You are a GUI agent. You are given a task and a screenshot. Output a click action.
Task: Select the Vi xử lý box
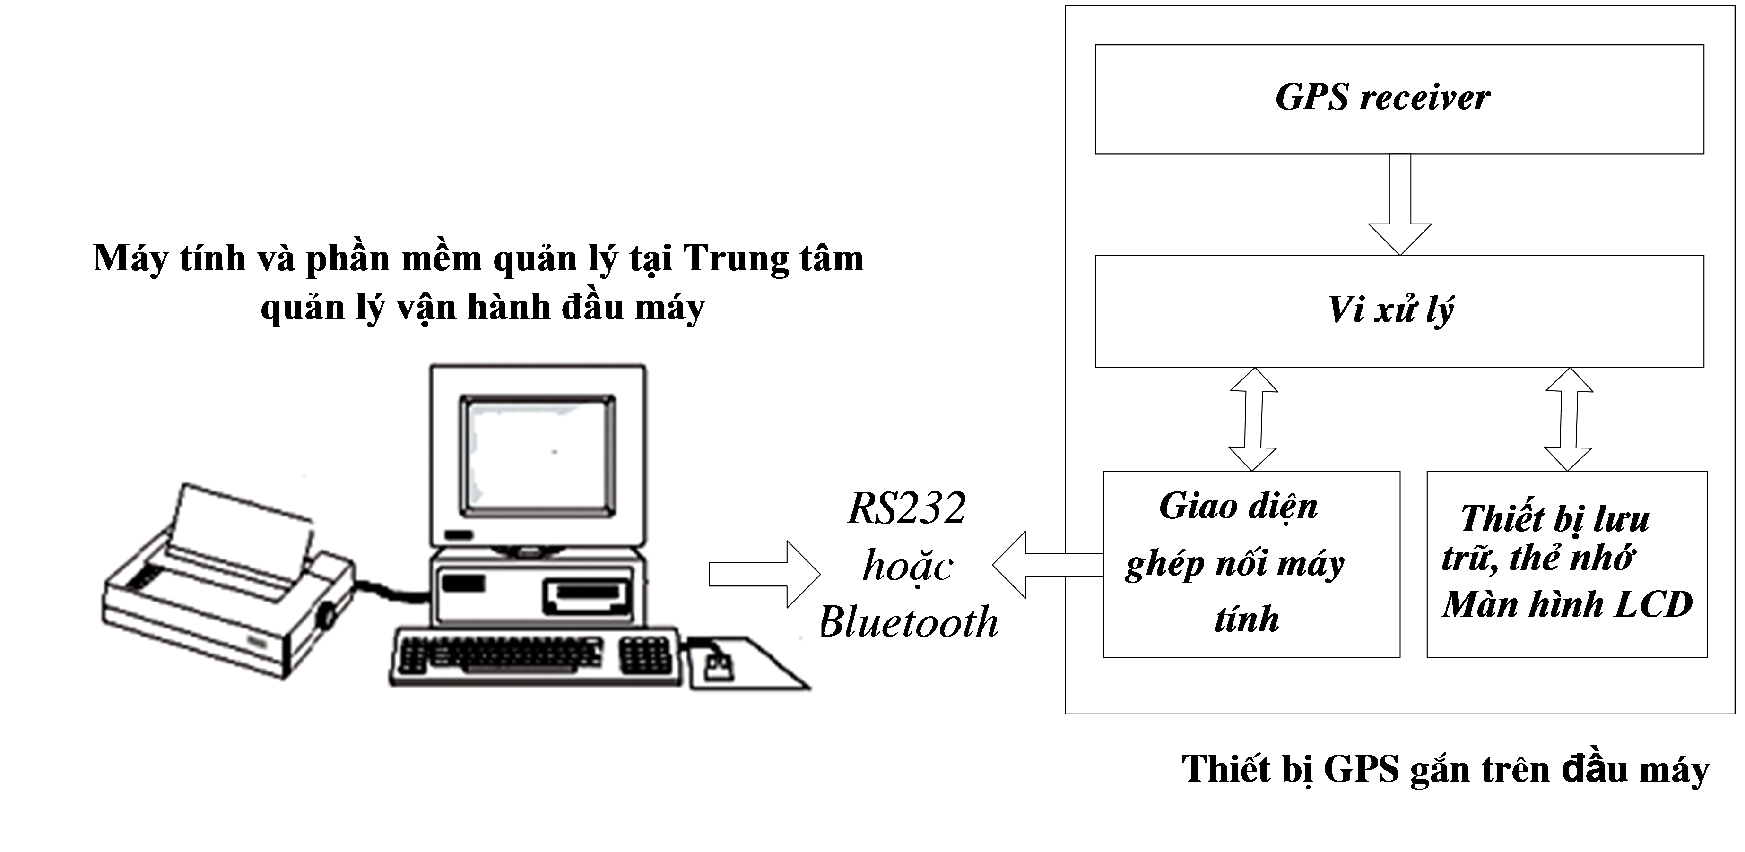(x=1399, y=311)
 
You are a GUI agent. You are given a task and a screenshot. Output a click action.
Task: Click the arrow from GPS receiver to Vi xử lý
(x=1399, y=203)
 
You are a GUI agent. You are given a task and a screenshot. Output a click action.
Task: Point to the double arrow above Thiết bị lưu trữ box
(x=1568, y=419)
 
